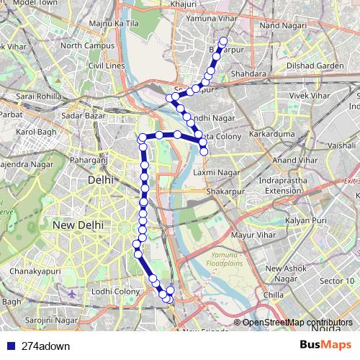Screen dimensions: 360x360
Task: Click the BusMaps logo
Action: pos(325,345)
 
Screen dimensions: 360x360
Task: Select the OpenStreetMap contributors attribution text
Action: pos(297,322)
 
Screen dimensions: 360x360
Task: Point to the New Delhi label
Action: pos(77,225)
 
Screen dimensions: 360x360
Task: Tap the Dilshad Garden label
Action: pos(320,66)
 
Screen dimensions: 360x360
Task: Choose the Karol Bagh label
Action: pos(36,132)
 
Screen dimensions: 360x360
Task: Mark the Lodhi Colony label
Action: pos(115,291)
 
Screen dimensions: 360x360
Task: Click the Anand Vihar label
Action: pos(295,159)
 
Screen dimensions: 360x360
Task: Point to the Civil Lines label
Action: pos(107,66)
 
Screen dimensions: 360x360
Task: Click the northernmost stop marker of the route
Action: pos(223,41)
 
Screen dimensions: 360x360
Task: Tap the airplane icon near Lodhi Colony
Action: pos(72,294)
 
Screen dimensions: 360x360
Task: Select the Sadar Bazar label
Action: pos(84,114)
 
